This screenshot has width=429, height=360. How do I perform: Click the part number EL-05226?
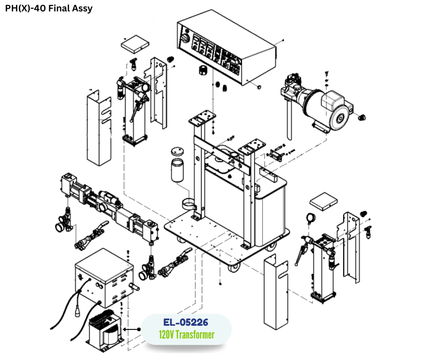coord(186,322)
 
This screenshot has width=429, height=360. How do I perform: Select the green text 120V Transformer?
coord(187,335)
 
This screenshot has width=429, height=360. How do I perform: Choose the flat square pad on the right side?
coord(323,201)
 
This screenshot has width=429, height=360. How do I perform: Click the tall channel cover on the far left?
coord(99,128)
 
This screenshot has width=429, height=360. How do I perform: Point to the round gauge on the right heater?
coord(312,218)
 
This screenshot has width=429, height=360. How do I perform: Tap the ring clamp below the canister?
coord(192,204)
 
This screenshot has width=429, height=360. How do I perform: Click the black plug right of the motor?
coord(363,117)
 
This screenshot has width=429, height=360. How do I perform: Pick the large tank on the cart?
coord(267,210)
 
